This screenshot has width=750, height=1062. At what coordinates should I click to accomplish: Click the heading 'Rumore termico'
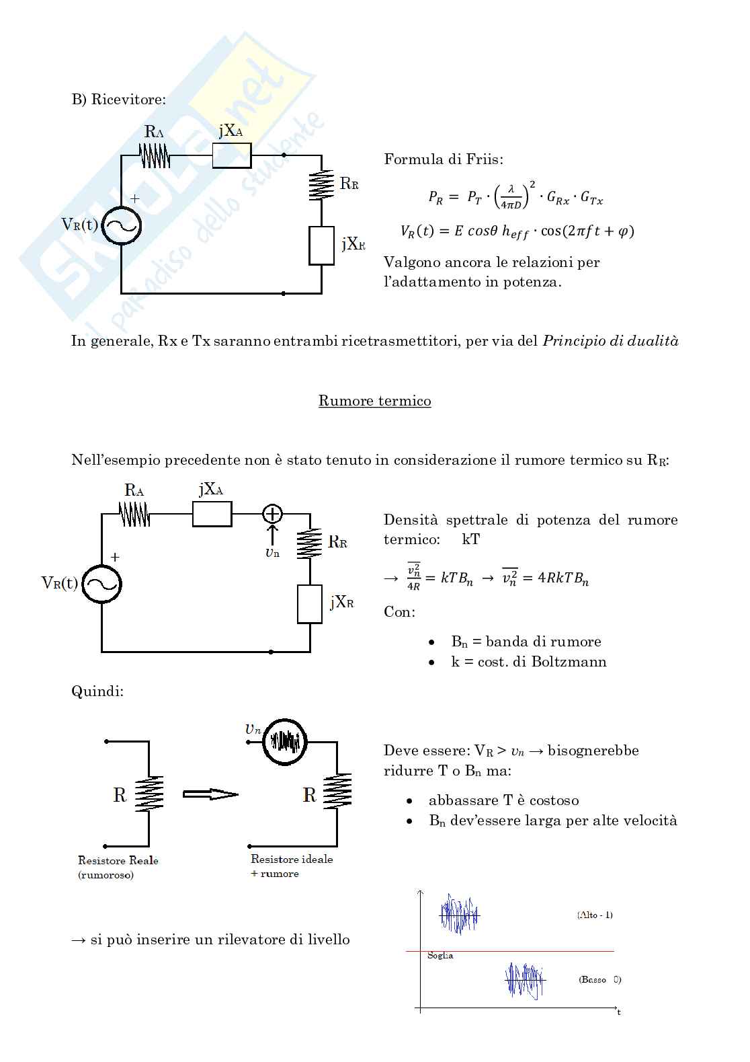point(374,401)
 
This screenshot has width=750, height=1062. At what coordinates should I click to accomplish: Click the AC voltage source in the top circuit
point(121,225)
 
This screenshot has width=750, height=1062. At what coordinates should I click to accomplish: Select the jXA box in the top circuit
point(232,156)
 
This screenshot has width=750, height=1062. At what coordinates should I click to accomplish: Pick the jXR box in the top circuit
point(322,245)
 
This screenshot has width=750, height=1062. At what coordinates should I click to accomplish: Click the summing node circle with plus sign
point(272,515)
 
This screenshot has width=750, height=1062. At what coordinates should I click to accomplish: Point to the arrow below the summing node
point(272,535)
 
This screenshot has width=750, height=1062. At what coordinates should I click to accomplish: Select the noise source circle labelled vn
point(284,742)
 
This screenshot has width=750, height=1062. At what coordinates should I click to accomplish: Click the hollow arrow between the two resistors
point(210,794)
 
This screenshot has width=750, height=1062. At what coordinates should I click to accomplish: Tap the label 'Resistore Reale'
point(118,860)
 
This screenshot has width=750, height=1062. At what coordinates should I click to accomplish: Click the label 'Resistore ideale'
point(292,859)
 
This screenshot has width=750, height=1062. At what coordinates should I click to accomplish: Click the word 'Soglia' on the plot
point(440,956)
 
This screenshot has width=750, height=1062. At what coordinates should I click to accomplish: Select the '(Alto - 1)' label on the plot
point(595,915)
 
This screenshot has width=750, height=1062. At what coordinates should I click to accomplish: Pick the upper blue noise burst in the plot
point(460,914)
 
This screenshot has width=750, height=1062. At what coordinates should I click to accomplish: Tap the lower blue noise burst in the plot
point(524,981)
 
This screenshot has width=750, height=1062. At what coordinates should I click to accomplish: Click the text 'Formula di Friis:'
point(444,159)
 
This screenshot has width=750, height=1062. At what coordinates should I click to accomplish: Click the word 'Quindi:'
point(97,691)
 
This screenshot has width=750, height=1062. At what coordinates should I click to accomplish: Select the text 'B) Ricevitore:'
point(118,100)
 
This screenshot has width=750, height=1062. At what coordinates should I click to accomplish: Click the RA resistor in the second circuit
point(134,516)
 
